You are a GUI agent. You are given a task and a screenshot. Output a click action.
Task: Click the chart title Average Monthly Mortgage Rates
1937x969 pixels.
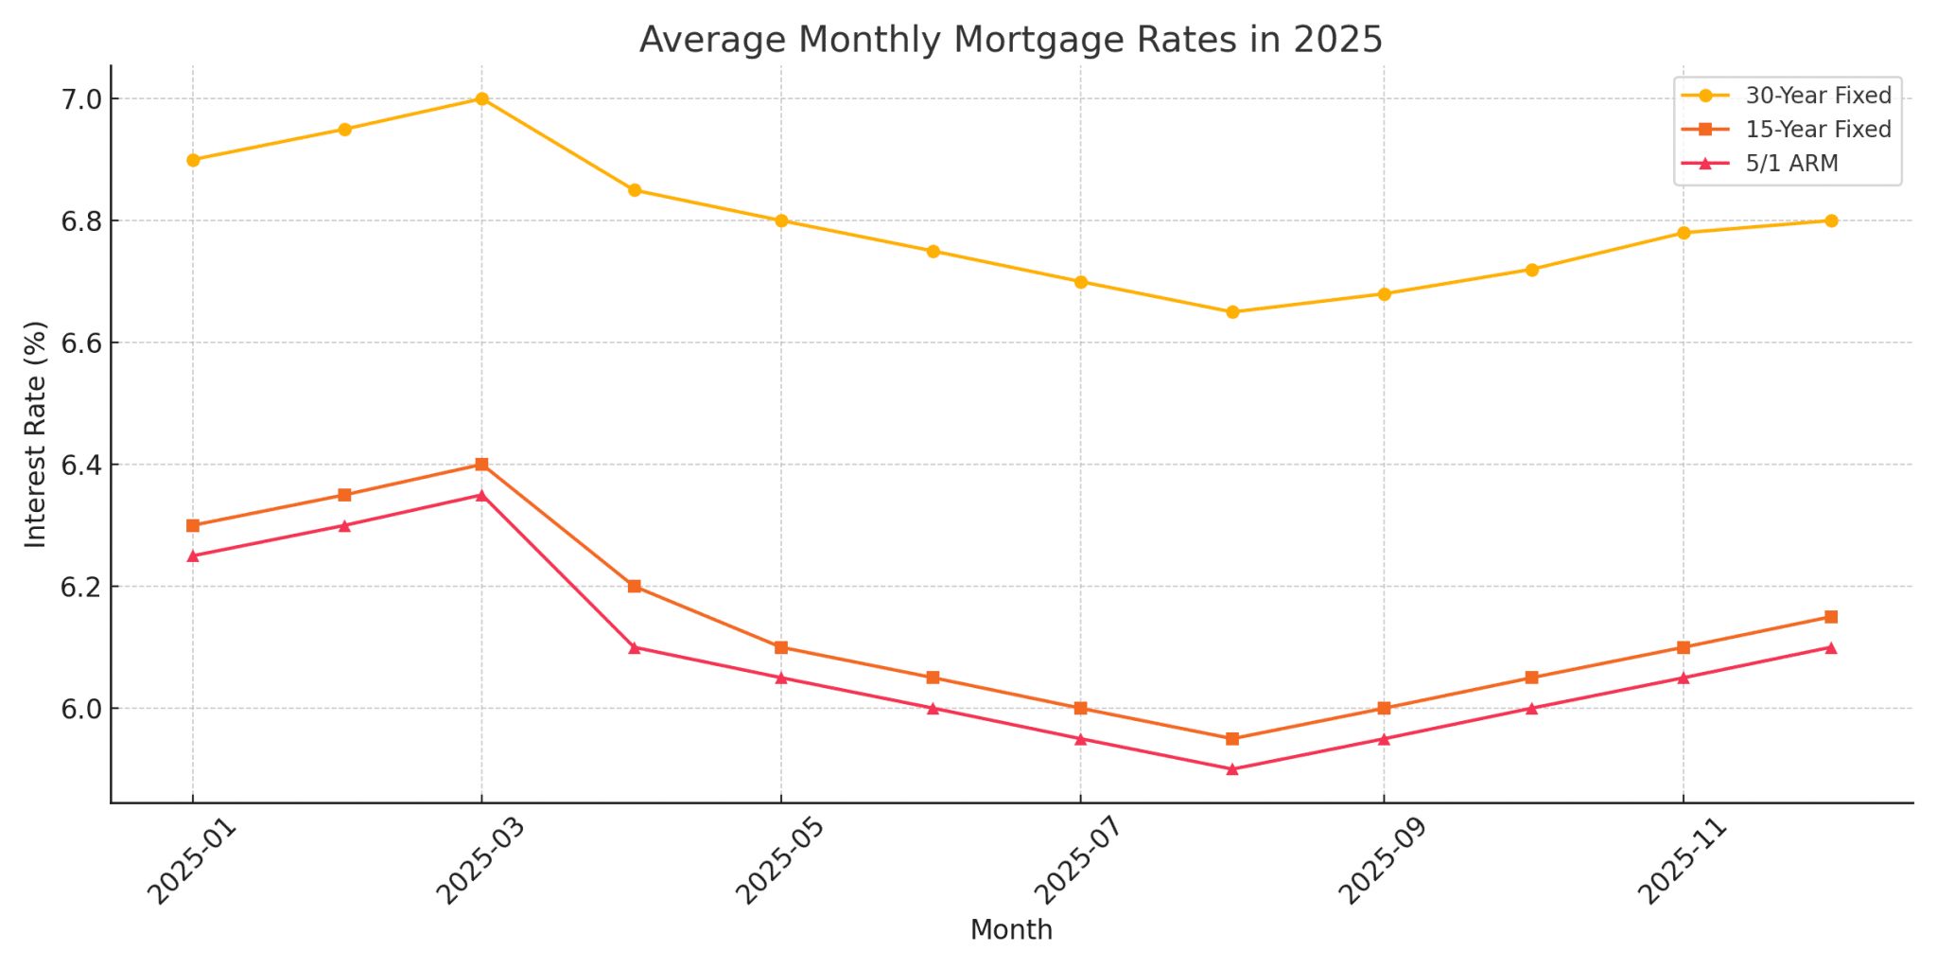[x=1010, y=40]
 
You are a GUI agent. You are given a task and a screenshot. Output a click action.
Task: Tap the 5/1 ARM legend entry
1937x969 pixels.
[x=1791, y=164]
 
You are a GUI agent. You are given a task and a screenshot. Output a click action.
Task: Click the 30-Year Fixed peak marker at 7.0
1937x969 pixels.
[x=481, y=98]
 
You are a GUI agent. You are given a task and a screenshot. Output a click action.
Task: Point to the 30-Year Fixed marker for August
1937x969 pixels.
[x=1231, y=312]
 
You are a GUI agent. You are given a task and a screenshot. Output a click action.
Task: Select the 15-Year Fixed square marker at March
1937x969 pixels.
[x=481, y=465]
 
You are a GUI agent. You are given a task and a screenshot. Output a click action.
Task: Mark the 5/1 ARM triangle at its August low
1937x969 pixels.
[x=1231, y=769]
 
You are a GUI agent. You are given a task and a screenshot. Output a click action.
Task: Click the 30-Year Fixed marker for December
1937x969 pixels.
[x=1831, y=220]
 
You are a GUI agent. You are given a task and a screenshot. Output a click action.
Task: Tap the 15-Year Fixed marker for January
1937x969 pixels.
[x=193, y=525]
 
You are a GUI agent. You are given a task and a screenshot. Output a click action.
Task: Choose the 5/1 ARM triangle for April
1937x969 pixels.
[x=635, y=647]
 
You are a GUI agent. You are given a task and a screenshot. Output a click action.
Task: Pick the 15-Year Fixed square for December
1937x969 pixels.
[x=1831, y=617]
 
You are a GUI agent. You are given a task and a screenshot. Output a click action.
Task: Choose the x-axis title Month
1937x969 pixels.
[x=1011, y=930]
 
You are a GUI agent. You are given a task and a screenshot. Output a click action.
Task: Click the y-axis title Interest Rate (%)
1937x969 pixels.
[x=36, y=434]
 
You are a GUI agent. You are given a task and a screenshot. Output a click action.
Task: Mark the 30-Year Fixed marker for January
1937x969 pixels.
[x=193, y=160]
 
